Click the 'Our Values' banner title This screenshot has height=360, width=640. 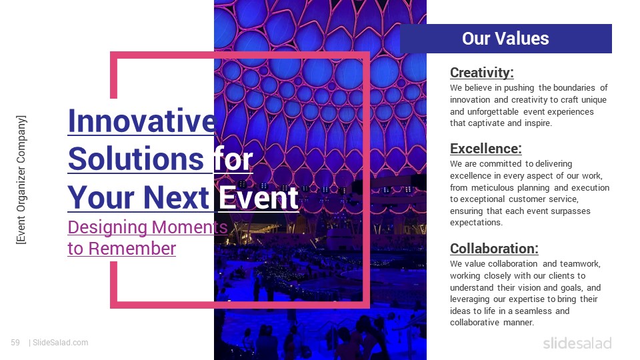point(505,39)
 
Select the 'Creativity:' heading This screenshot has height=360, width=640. point(481,72)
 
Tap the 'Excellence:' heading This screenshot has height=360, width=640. point(485,148)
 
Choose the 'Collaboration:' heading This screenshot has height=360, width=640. point(494,249)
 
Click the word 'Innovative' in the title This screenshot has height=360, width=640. point(141,121)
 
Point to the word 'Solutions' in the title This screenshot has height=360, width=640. point(136,159)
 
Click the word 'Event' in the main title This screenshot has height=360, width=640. point(259,197)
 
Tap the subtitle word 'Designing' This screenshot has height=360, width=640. point(107,227)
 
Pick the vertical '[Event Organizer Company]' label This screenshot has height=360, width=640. point(22,179)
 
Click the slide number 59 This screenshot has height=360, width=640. point(15,343)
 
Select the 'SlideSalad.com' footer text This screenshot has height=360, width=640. point(60,343)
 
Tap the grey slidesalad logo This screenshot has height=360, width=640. point(577,343)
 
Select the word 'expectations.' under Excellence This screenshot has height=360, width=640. point(474,223)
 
